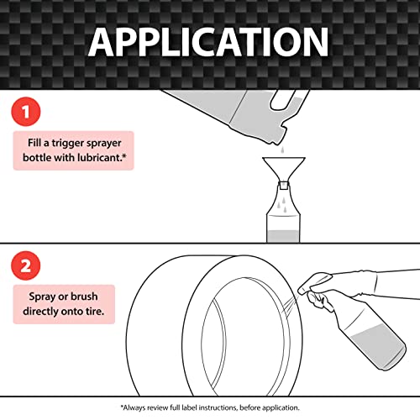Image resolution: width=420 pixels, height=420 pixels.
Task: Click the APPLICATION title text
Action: tap(209, 42)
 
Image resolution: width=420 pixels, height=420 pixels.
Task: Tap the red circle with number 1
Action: tap(28, 111)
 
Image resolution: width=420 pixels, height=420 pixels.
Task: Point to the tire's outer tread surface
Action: tap(168, 328)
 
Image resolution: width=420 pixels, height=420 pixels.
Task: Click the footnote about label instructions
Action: tap(209, 407)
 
